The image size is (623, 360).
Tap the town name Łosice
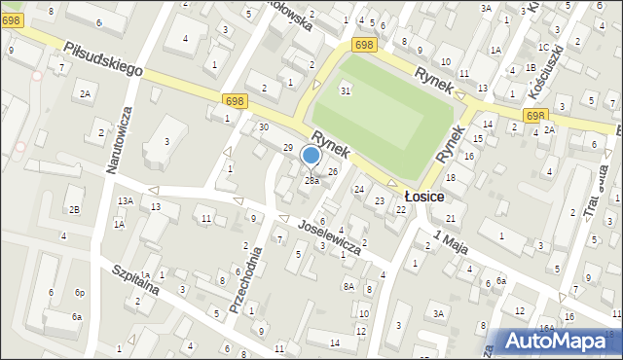point(424,197)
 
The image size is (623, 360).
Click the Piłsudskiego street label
point(104,59)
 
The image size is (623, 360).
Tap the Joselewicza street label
point(330,235)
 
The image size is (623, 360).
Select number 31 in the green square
point(345,90)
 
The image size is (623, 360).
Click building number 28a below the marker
point(311,181)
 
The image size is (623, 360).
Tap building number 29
point(287,147)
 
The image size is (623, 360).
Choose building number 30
point(263,127)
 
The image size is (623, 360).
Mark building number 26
point(333,172)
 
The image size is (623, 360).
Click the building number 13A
point(126,200)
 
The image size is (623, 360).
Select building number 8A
point(348,286)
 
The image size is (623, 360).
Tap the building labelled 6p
point(81,293)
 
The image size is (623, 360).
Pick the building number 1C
point(542,47)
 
